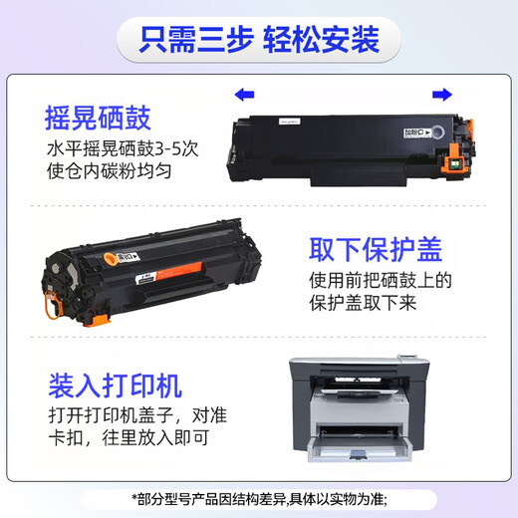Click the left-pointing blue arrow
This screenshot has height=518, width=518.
coord(243,95)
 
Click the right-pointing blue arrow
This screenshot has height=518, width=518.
coord(440,95)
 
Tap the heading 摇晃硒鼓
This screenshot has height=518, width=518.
coord(99,120)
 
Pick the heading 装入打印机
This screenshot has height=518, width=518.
coord(115,385)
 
